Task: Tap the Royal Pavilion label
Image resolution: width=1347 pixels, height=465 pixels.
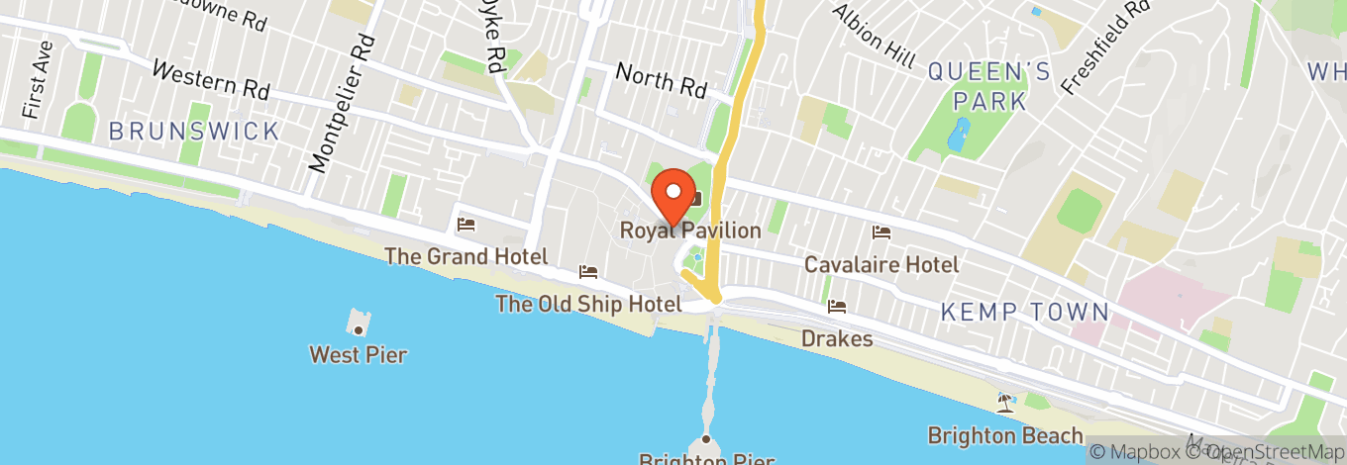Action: pos(690,231)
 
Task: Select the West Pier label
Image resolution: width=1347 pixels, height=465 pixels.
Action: pos(358,354)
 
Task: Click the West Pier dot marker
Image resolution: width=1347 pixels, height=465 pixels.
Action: pos(359,329)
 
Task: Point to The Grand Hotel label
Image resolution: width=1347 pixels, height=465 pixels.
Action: pos(466,256)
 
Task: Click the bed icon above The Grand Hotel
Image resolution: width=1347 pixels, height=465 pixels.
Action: pos(466,226)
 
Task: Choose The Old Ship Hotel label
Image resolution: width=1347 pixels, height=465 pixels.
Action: pos(588,304)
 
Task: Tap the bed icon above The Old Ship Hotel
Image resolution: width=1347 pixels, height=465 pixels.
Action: pos(588,272)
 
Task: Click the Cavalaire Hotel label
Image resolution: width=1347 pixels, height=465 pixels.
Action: pos(881,264)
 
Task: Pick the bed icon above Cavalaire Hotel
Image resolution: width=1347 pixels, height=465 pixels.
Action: pos(881,232)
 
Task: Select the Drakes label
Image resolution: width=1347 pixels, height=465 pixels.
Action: pos(838,339)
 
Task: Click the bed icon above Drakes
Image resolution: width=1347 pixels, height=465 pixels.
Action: pos(838,307)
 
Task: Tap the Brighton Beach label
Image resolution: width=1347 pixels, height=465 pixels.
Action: pos(1005,435)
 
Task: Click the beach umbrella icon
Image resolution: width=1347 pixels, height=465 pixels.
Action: pos(1006,402)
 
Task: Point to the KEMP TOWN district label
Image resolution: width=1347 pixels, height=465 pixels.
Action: pos(1024,313)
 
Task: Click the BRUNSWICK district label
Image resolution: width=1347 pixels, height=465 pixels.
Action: pos(194,131)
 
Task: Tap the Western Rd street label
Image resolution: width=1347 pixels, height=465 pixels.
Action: pos(211,80)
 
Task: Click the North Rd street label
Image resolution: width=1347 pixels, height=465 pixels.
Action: pos(661,80)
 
